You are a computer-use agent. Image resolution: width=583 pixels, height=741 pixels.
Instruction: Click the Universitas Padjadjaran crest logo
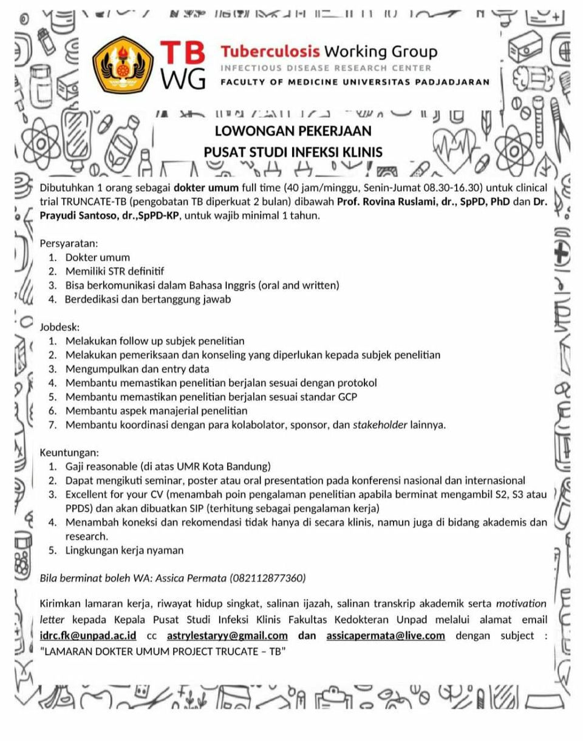(x=125, y=64)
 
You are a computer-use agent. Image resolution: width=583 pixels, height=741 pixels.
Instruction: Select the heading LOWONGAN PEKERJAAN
(x=293, y=131)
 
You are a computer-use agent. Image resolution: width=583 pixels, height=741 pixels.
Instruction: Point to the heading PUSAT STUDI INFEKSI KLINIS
(x=293, y=152)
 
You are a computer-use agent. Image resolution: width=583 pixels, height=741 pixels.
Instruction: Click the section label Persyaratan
(x=68, y=244)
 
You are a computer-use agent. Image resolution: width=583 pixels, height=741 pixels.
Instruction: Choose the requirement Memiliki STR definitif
(x=115, y=271)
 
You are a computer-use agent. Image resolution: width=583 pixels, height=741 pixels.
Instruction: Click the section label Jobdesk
(x=59, y=327)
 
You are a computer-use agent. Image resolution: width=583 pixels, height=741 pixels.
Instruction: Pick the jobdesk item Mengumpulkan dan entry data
(x=137, y=369)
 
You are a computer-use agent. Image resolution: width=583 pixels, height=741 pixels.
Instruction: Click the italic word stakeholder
(x=380, y=425)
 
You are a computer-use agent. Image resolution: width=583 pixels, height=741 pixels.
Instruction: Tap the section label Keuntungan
(x=69, y=453)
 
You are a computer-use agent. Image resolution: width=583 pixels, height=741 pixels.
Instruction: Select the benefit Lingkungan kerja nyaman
(x=124, y=550)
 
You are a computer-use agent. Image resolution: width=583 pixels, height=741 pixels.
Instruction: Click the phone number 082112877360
(x=267, y=578)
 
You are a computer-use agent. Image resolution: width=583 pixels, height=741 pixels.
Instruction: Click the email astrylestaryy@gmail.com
(x=227, y=635)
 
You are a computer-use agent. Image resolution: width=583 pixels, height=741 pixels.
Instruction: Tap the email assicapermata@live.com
(x=385, y=635)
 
